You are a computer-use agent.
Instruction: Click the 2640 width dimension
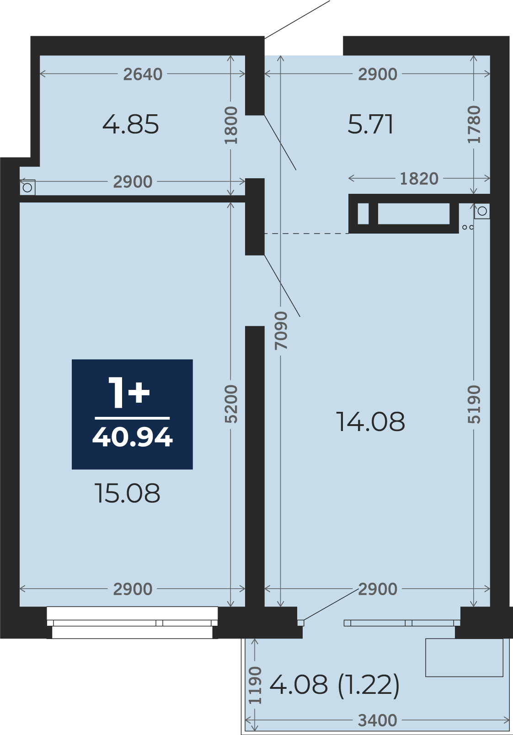point(143,74)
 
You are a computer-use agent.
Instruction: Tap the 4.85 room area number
point(131,124)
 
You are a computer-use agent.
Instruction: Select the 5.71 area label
point(370,124)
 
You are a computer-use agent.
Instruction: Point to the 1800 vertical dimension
point(231,125)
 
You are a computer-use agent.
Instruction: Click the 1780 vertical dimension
point(474,125)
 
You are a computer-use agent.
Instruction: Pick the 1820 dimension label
point(419,179)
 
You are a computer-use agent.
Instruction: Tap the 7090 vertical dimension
point(281,331)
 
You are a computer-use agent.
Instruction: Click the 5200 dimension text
point(231,404)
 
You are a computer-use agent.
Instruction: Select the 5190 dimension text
point(474,404)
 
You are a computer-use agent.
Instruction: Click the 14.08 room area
point(370,421)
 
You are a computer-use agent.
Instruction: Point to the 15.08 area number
point(128,493)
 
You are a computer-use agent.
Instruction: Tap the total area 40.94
point(132,437)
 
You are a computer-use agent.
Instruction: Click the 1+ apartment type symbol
point(128,393)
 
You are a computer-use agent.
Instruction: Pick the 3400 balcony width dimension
point(378,720)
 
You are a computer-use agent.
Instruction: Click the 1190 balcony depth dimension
point(255,685)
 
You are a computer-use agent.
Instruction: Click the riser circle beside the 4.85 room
point(27,188)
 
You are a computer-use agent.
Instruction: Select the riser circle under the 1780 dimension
point(482,211)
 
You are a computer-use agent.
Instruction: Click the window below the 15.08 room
point(132,623)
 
